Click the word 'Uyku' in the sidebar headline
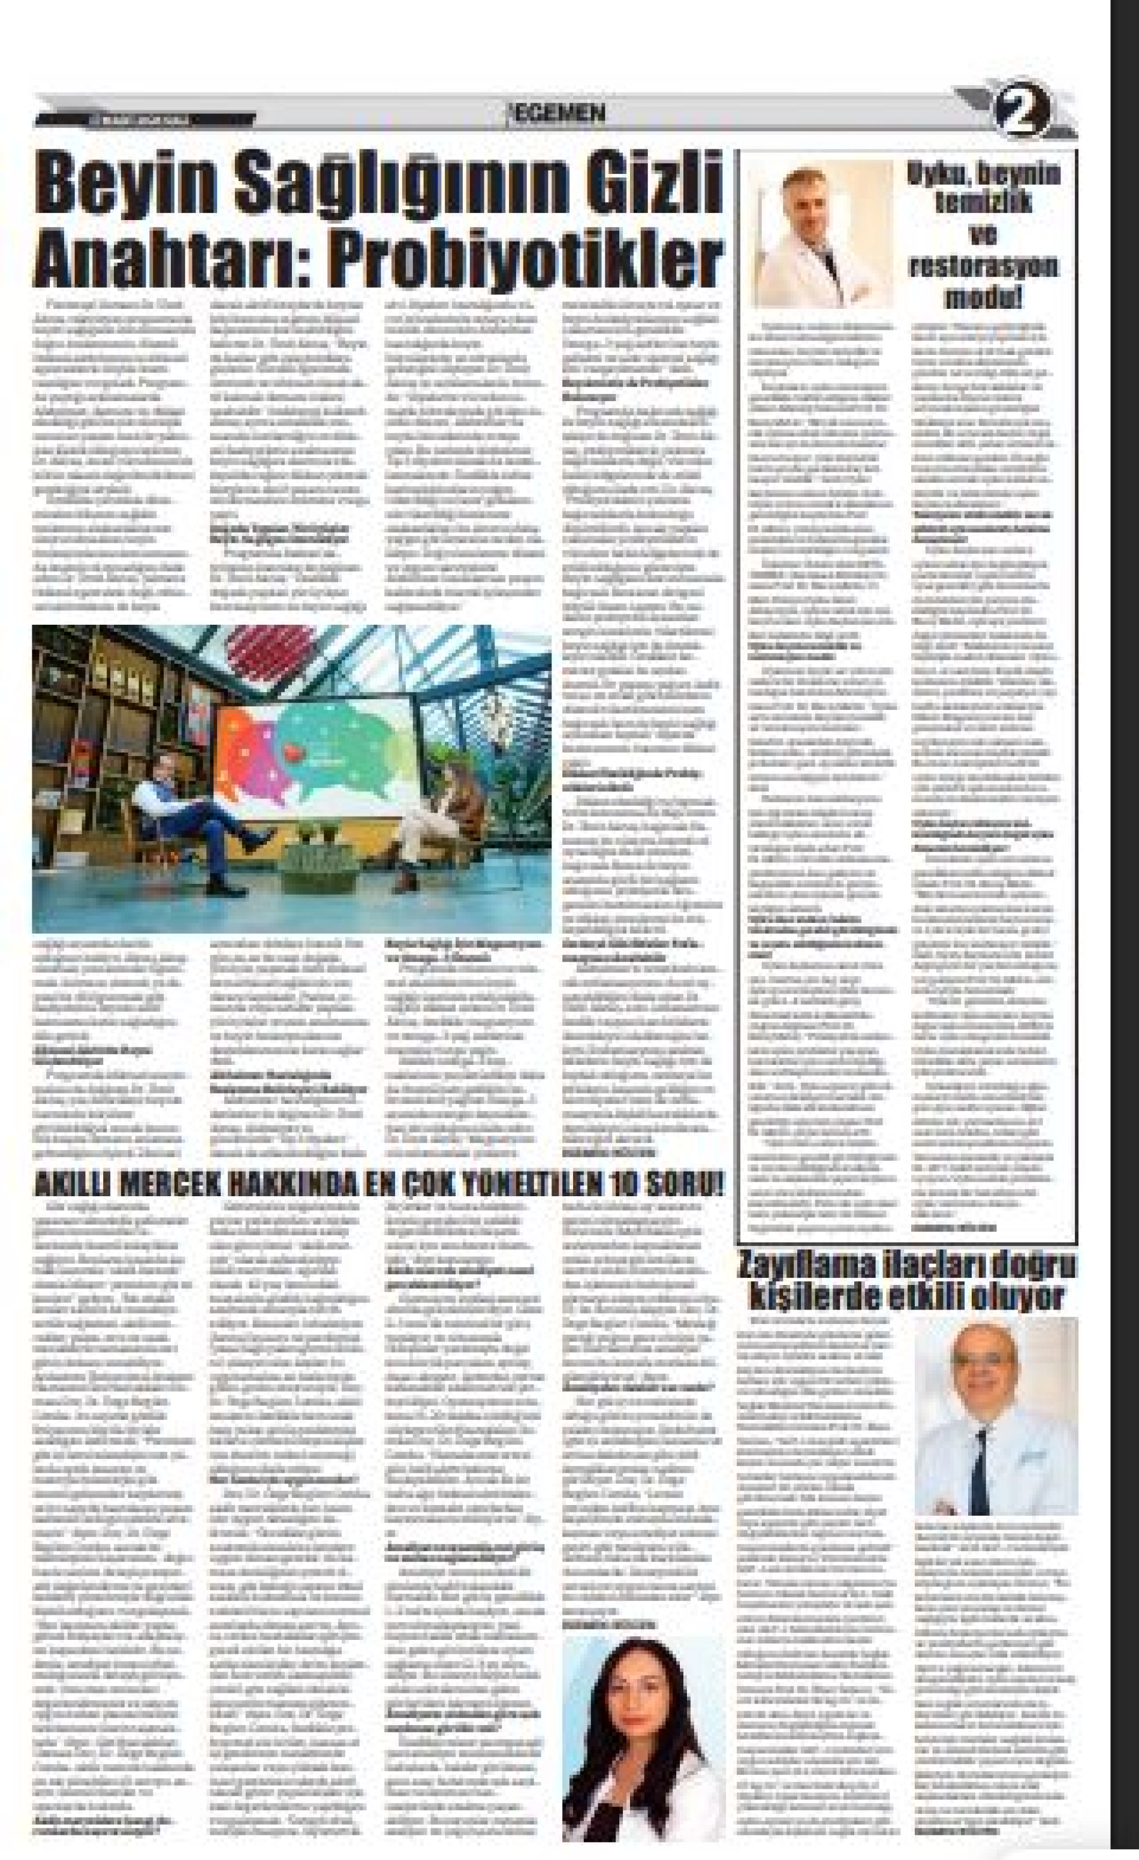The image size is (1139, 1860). (938, 175)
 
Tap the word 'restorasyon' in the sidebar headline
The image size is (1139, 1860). (984, 266)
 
